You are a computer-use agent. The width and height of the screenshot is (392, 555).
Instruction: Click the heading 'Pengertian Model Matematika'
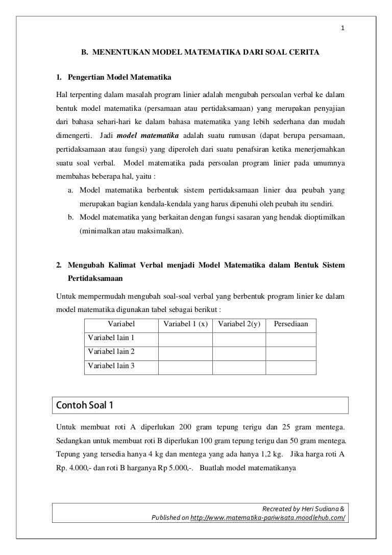[x=119, y=78]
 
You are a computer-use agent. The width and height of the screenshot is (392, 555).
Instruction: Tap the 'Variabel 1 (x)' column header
[x=185, y=324]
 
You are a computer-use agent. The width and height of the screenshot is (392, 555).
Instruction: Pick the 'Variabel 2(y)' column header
[x=239, y=324]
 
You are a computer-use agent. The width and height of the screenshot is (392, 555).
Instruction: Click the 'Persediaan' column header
[x=291, y=324]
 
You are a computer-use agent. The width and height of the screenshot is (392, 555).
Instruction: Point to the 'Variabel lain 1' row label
[x=111, y=338]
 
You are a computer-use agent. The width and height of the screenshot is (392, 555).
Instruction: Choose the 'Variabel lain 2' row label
[x=111, y=352]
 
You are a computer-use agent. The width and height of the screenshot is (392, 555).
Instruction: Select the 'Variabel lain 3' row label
[x=111, y=366]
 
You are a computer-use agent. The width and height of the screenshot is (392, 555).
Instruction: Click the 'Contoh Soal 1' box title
[x=84, y=406]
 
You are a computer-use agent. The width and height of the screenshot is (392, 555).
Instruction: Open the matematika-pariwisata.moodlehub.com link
[x=267, y=518]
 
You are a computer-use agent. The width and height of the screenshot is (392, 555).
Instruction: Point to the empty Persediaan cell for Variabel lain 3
[x=291, y=367]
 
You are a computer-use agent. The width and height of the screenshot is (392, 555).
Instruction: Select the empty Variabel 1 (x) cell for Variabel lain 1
[x=185, y=339]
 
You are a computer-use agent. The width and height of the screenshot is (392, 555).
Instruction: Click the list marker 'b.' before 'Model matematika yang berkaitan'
[x=71, y=218]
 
